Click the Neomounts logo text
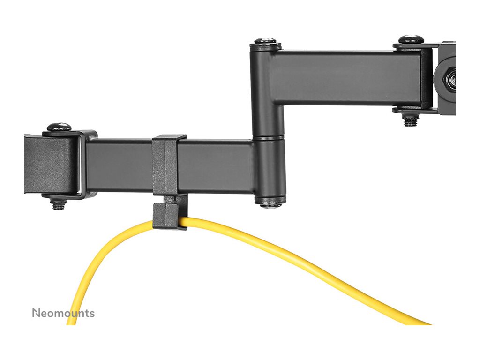coord(63,313)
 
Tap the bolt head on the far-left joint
coord(59,127)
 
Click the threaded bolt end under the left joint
coord(57,205)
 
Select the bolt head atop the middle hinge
coord(265,42)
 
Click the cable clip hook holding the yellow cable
coord(169,215)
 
